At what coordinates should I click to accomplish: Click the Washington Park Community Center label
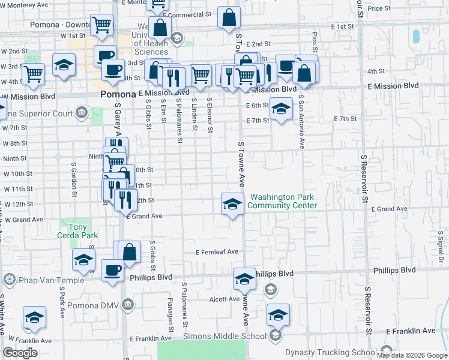(x=282, y=201)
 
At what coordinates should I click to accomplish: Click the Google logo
(x=20, y=353)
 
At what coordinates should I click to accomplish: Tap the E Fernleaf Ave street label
(x=217, y=252)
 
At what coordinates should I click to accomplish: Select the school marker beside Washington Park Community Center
(x=232, y=205)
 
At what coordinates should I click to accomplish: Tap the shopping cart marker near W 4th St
(x=33, y=74)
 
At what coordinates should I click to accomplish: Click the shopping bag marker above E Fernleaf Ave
(x=129, y=251)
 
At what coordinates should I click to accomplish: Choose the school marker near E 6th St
(x=280, y=109)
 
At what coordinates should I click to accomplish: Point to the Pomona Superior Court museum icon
(x=81, y=112)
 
